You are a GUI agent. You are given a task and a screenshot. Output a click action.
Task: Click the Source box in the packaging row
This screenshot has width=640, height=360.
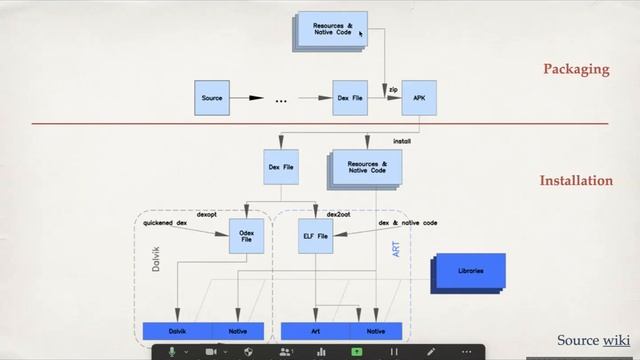click(x=212, y=99)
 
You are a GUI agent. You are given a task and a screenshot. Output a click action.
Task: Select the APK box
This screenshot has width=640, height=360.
click(x=418, y=99)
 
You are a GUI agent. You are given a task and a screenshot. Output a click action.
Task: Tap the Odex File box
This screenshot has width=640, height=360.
click(x=245, y=236)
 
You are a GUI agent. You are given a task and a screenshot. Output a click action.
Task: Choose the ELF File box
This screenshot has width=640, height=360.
click(x=315, y=236)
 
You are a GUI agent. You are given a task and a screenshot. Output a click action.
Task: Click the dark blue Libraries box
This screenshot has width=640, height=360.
click(x=468, y=272)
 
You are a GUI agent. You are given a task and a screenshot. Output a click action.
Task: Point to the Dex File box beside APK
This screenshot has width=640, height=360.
click(x=350, y=99)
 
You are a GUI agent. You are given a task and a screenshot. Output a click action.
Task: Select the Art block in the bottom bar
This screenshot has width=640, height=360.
click(x=315, y=330)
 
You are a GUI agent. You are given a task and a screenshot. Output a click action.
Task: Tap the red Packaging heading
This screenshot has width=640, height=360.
click(x=576, y=70)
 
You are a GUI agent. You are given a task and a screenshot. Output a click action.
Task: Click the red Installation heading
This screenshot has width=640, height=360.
click(x=576, y=181)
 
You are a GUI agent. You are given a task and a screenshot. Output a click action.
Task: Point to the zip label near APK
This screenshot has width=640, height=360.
click(x=393, y=89)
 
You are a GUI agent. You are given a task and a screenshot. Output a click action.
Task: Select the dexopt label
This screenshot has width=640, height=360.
click(x=207, y=213)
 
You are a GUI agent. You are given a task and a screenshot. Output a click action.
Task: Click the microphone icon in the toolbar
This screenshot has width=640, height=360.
click(x=171, y=351)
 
